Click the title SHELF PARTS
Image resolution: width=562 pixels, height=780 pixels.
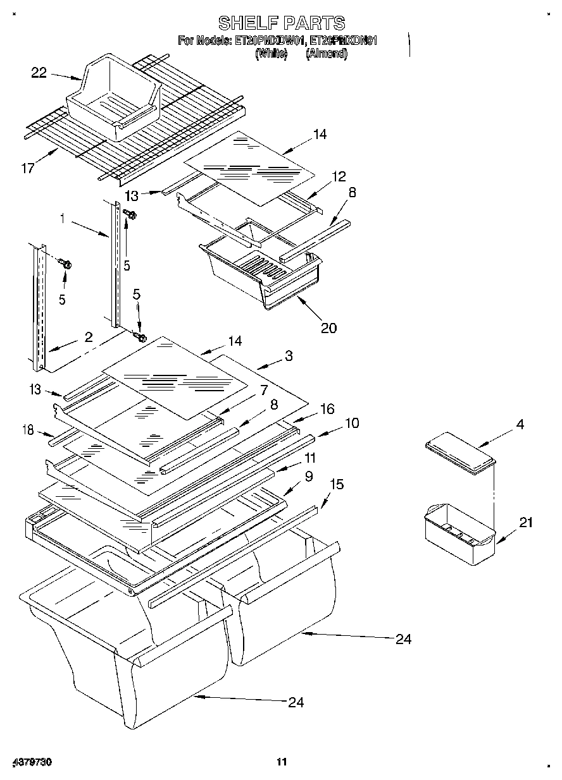click(281, 23)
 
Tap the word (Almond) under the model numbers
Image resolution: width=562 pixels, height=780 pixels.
click(327, 54)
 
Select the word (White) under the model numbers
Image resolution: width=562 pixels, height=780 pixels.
click(271, 54)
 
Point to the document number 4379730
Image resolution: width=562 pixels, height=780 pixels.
click(32, 762)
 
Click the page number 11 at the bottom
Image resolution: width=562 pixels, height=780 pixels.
click(282, 762)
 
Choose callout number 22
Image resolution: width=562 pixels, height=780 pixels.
click(39, 73)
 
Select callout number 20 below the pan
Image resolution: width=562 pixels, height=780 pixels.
click(328, 327)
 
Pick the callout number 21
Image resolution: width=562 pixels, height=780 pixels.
click(526, 522)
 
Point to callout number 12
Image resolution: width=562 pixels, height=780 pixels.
click(340, 176)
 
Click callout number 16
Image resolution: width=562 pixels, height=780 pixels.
click(327, 409)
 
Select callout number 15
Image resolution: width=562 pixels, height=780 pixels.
click(337, 484)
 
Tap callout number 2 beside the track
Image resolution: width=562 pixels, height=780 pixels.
click(89, 337)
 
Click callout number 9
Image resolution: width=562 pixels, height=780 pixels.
click(308, 477)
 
